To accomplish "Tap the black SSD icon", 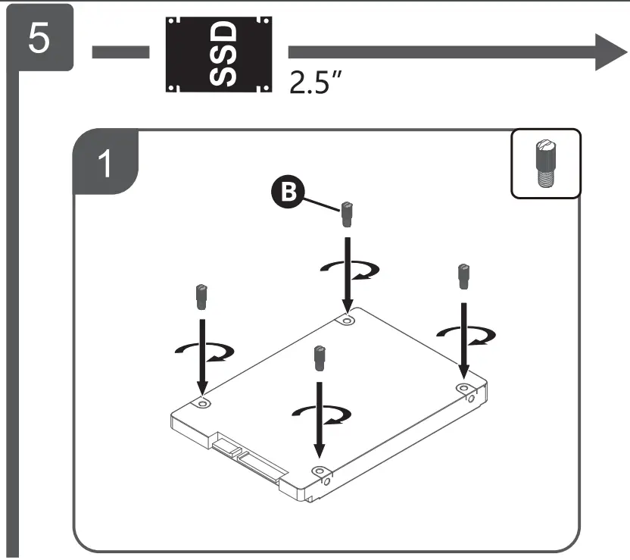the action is pyautogui.click(x=218, y=55).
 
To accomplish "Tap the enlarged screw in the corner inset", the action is pyautogui.click(x=546, y=163).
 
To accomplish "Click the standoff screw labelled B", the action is pyautogui.click(x=346, y=214).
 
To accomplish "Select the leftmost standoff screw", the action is pyautogui.click(x=201, y=296).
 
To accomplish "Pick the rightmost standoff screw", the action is pyautogui.click(x=463, y=276).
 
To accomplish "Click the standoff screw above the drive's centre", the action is pyautogui.click(x=319, y=358).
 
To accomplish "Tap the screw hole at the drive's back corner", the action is pyautogui.click(x=347, y=321).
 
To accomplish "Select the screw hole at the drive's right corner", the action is pyautogui.click(x=463, y=387).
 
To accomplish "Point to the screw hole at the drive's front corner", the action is pyautogui.click(x=319, y=471).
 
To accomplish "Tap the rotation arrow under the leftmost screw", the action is pyautogui.click(x=202, y=350).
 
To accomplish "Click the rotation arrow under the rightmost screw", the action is pyautogui.click(x=464, y=333).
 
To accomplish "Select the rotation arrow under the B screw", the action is pyautogui.click(x=348, y=269).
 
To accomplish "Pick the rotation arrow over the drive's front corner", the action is pyautogui.click(x=321, y=411).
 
